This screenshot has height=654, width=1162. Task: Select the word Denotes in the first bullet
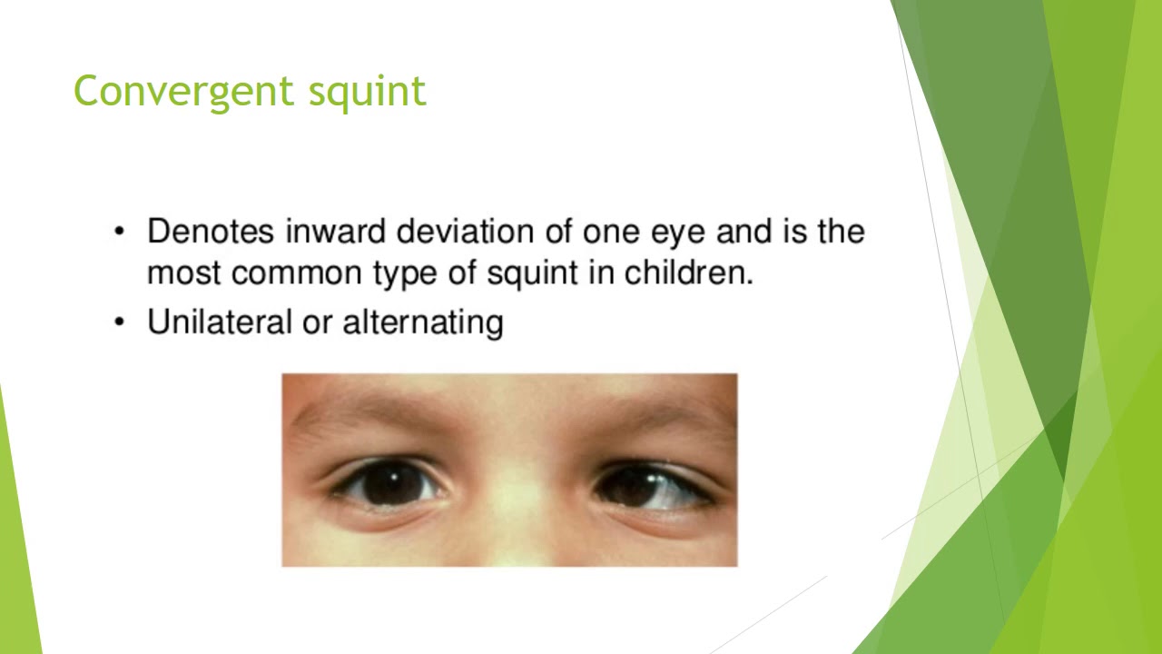click(211, 232)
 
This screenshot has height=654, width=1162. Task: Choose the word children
click(689, 272)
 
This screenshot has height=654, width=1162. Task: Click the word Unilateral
click(218, 322)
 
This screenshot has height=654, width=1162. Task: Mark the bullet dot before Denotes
click(119, 233)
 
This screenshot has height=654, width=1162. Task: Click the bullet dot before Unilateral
click(119, 322)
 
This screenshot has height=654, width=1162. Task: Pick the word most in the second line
click(184, 273)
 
